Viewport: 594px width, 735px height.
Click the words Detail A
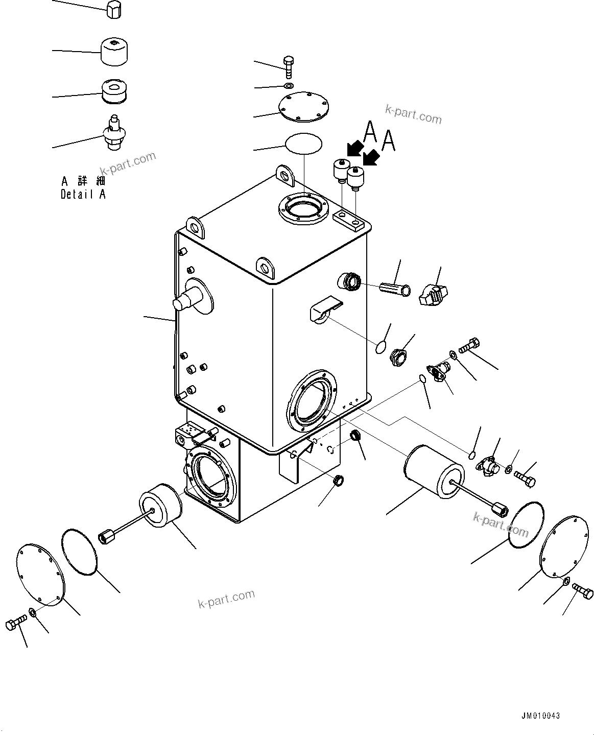point(83,194)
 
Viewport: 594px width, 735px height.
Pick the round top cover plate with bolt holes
point(303,108)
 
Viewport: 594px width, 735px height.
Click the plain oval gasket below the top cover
point(303,143)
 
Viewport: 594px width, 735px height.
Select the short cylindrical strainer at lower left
point(160,506)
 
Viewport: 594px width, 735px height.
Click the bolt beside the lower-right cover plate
point(582,592)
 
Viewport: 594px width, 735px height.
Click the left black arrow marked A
point(353,150)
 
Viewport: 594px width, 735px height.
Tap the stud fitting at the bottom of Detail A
point(114,133)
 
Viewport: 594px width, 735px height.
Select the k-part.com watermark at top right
point(413,114)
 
